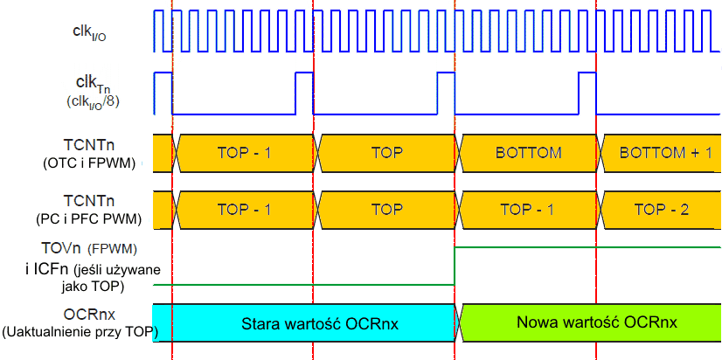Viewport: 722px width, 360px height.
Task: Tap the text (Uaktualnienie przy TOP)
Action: point(78,331)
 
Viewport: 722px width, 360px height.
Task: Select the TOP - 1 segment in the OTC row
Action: point(244,153)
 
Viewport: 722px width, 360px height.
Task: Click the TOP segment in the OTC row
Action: point(386,153)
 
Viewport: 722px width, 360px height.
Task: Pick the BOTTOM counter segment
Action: point(527,153)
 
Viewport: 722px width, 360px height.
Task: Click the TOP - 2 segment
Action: point(662,210)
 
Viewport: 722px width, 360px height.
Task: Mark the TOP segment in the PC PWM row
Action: point(386,210)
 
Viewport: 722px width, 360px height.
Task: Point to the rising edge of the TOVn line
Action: point(455,266)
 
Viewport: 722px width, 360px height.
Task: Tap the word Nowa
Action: point(535,322)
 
